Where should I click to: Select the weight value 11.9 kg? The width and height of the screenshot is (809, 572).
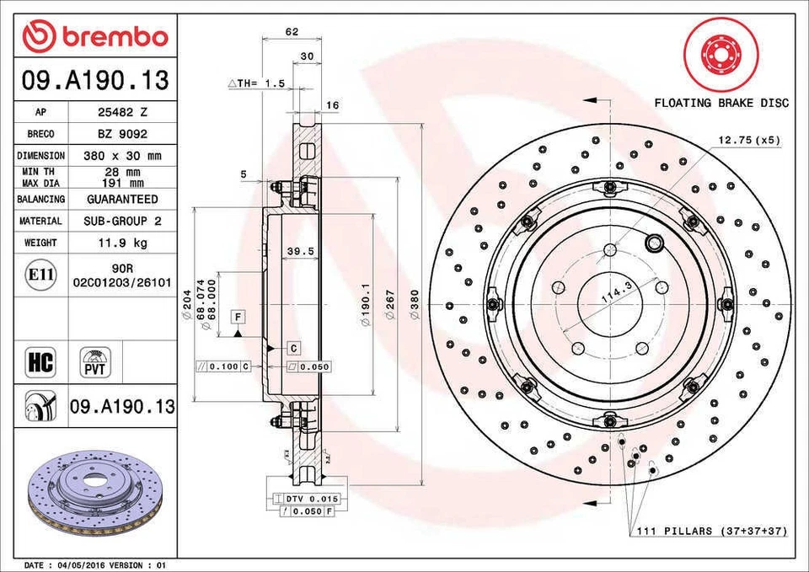pyautogui.click(x=122, y=243)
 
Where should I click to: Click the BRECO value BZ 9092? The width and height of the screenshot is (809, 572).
pyautogui.click(x=122, y=133)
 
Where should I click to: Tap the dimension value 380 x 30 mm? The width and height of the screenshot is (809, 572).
pyautogui.click(x=122, y=156)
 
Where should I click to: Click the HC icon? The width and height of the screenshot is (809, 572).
pyautogui.click(x=40, y=362)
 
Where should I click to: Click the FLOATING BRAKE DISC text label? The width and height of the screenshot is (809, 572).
pyautogui.click(x=721, y=103)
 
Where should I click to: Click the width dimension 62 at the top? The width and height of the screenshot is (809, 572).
pyautogui.click(x=292, y=32)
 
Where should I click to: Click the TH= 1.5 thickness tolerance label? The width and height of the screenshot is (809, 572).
pyautogui.click(x=258, y=83)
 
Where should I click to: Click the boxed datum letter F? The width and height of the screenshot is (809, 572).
pyautogui.click(x=239, y=316)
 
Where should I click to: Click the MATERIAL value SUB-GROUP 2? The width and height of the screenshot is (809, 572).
pyautogui.click(x=122, y=221)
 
